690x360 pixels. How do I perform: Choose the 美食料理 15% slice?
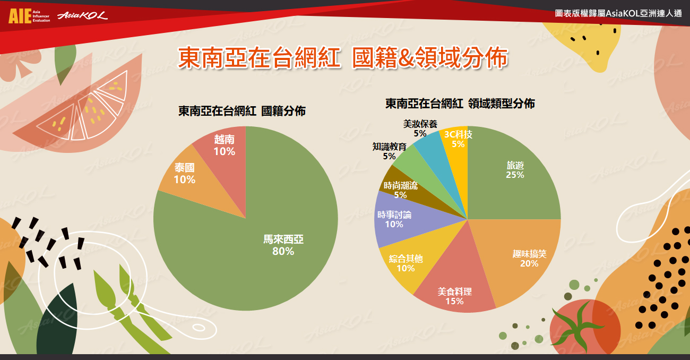456,284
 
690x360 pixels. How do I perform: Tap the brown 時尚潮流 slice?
403,188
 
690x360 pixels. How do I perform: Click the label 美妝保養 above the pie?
420,124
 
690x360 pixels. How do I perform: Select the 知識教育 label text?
390,147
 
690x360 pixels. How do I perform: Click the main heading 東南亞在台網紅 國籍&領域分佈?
342,57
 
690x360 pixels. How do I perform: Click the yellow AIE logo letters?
20,16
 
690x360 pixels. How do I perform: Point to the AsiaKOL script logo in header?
82,15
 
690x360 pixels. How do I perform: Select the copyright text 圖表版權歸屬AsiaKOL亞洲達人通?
618,13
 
